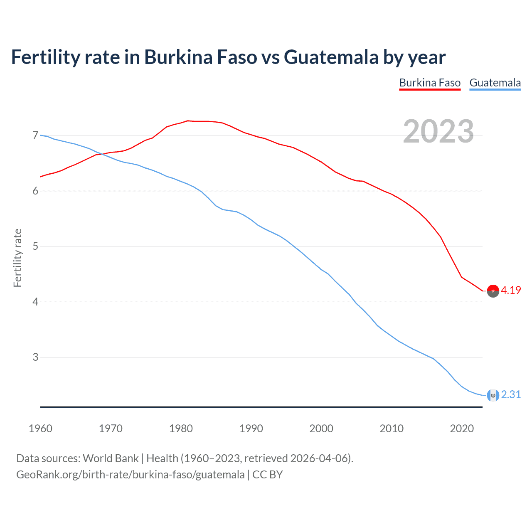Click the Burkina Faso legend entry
(430, 83)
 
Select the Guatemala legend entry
(495, 83)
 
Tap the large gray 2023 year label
(438, 131)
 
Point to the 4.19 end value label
(511, 291)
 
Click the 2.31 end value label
(511, 394)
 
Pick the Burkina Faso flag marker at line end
(493, 291)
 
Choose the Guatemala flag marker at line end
(493, 395)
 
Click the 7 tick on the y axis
(35, 135)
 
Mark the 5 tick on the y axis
(35, 246)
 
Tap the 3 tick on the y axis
(35, 357)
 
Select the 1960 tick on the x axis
(40, 429)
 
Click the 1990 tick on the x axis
(251, 429)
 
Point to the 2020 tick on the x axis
(462, 429)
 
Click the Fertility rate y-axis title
(17, 258)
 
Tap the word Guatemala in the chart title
(331, 57)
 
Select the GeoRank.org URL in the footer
(130, 475)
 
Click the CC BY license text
(268, 475)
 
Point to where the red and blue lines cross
(101, 154)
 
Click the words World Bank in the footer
(111, 458)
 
